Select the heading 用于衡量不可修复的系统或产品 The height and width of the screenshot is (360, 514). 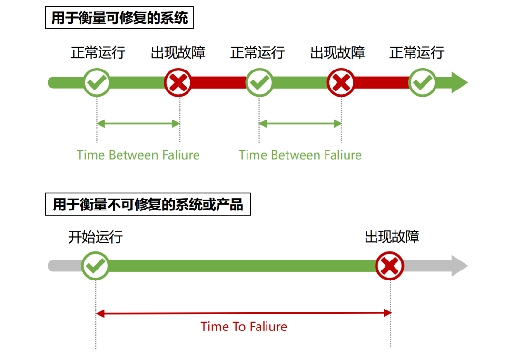(x=148, y=204)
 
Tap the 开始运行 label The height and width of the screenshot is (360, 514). (x=95, y=237)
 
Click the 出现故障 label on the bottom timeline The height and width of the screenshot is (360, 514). (x=392, y=237)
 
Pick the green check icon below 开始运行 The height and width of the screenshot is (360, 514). (x=96, y=266)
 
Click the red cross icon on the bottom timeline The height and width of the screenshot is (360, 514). (x=389, y=266)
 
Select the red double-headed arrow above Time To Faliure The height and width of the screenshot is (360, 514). (x=244, y=313)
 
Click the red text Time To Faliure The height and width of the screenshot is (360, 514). (x=244, y=327)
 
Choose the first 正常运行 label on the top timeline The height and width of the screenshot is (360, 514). (x=98, y=52)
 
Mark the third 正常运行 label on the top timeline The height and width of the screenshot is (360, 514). (x=416, y=52)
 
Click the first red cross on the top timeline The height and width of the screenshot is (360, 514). (x=178, y=83)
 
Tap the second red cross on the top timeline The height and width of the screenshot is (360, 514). (x=341, y=83)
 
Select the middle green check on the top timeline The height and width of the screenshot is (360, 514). (x=259, y=83)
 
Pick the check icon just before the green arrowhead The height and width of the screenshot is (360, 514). (x=423, y=83)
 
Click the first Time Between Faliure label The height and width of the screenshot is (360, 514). (x=138, y=155)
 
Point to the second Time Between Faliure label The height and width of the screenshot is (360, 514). (x=300, y=155)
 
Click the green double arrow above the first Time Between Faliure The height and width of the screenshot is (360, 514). (x=138, y=124)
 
